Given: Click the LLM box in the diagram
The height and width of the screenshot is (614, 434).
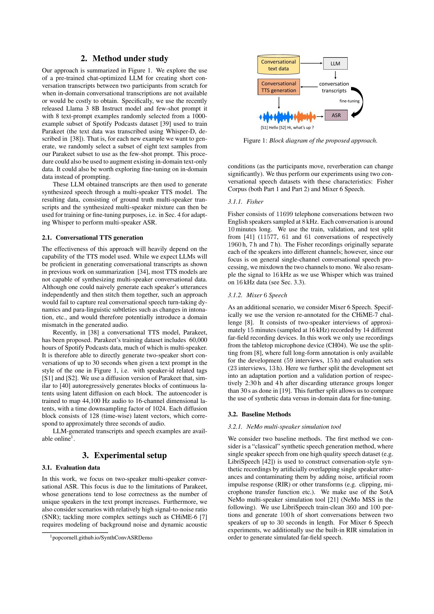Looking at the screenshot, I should click(x=335, y=64).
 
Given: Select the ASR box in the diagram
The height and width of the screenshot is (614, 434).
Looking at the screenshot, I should click(x=336, y=115).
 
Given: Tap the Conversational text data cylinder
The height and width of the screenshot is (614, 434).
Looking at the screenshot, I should click(x=278, y=65).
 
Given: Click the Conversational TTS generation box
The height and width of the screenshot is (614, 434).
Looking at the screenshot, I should click(x=278, y=87).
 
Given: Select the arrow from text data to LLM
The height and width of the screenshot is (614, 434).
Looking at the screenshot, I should click(x=311, y=63).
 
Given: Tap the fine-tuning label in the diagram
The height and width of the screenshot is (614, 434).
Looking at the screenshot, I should click(x=349, y=101).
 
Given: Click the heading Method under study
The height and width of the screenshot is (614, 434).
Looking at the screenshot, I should click(x=125, y=59).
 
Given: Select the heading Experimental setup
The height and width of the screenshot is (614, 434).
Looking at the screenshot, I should click(x=125, y=455).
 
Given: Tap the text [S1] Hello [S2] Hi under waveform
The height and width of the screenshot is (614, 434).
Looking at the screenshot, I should click(x=287, y=128).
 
